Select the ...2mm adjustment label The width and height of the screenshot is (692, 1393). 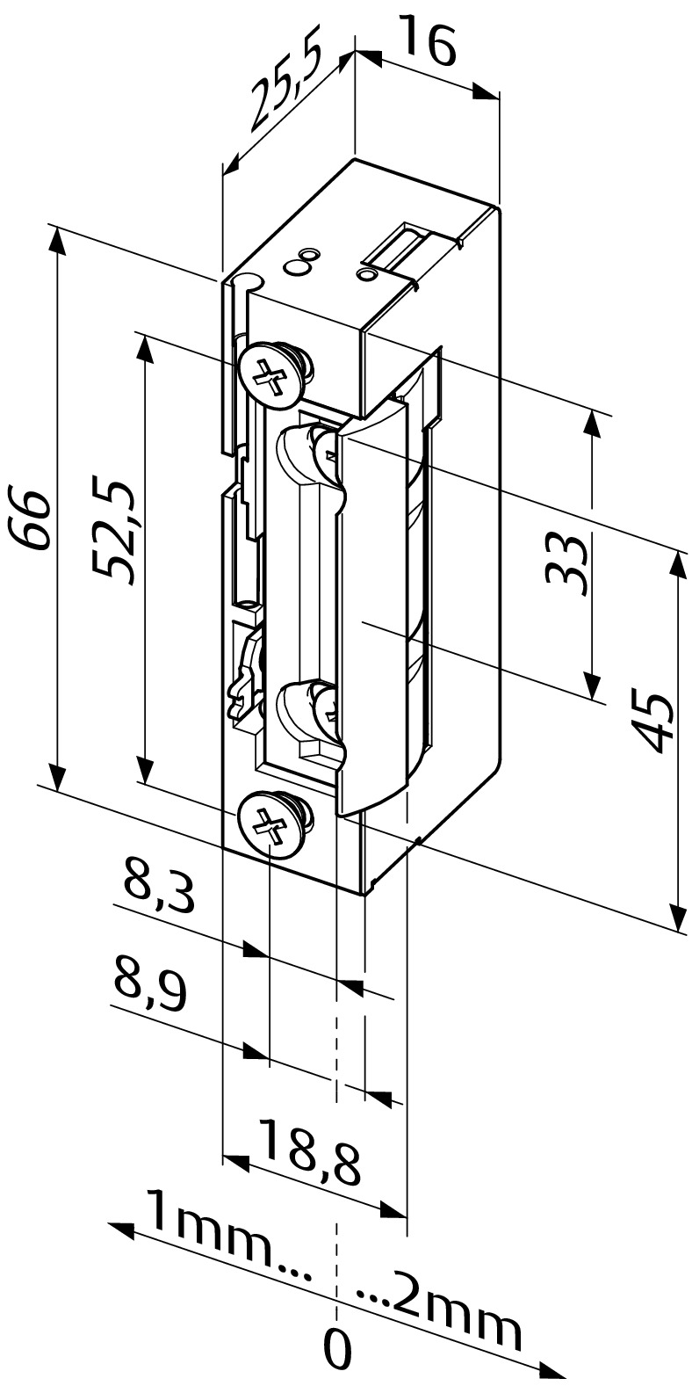click(x=443, y=1317)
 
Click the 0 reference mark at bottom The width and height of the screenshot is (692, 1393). click(x=337, y=1349)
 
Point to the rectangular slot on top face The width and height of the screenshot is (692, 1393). click(x=402, y=248)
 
